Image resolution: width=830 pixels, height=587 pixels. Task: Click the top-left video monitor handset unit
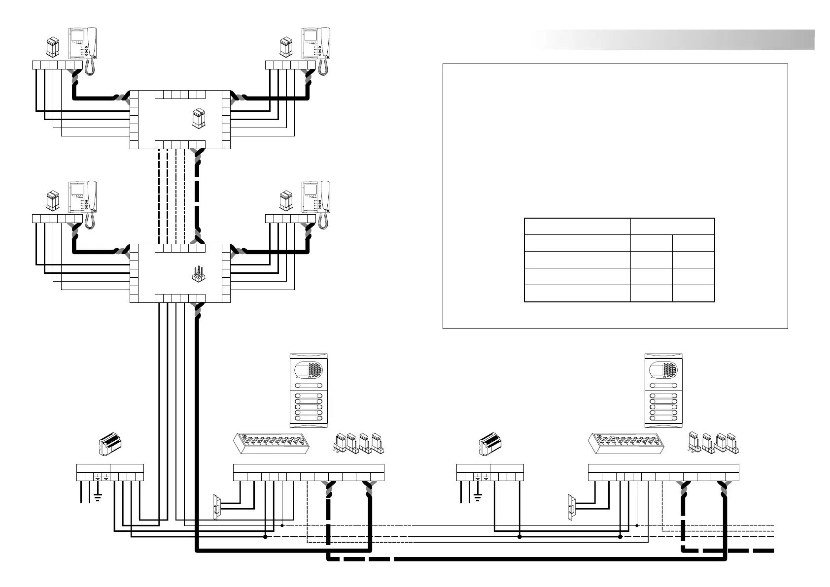[x=82, y=44]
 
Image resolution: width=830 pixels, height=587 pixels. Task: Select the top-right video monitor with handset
[x=316, y=44]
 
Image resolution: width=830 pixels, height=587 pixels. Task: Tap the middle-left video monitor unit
[x=82, y=198]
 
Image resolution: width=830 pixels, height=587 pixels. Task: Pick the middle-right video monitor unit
[x=316, y=198]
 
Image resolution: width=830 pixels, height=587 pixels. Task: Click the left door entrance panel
[x=309, y=389]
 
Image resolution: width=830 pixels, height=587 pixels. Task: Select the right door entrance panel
[x=665, y=389]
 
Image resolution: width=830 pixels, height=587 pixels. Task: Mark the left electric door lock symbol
[x=216, y=506]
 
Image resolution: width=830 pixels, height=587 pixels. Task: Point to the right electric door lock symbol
[x=572, y=506]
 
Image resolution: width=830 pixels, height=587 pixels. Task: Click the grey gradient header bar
[x=675, y=40]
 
